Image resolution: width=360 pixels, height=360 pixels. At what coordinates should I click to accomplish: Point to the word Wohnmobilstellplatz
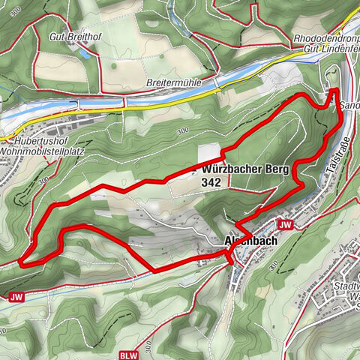[42, 150]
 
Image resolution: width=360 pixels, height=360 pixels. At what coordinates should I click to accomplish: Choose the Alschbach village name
[251, 241]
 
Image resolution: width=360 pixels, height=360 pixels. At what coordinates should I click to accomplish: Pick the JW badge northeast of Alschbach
[284, 224]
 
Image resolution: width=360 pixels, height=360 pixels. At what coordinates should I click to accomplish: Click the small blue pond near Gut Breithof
[85, 54]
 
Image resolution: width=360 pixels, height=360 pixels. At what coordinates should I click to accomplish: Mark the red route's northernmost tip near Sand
[333, 90]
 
